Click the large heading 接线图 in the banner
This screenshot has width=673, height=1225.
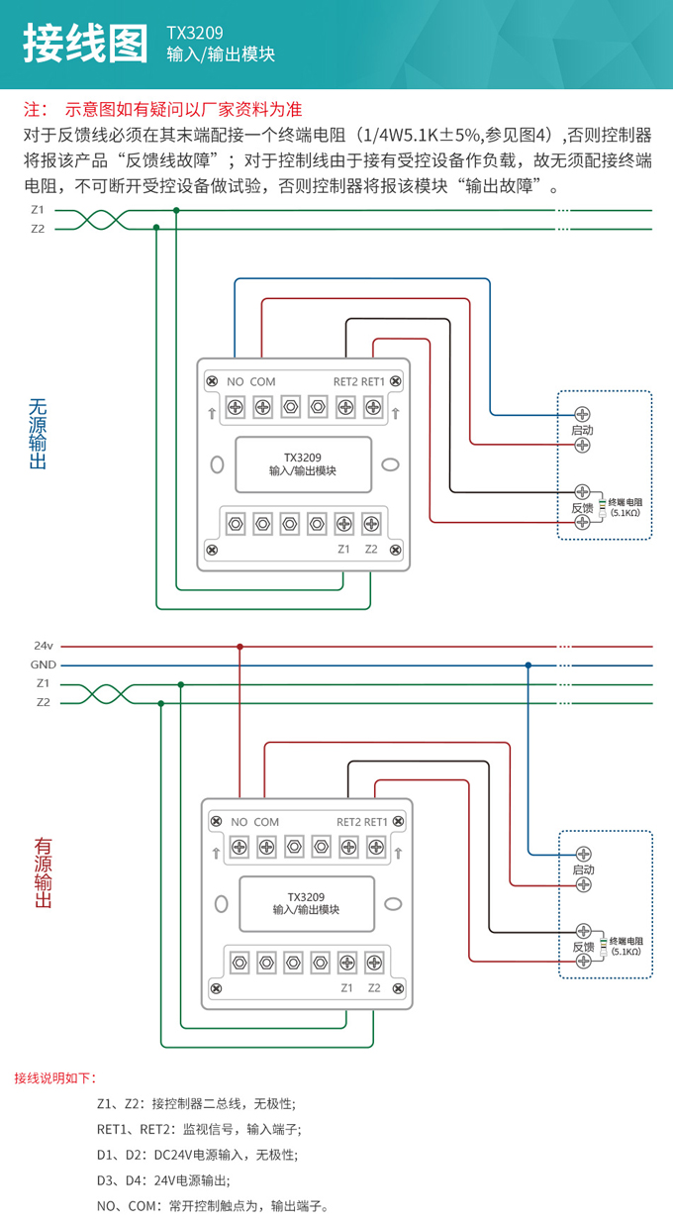(x=88, y=44)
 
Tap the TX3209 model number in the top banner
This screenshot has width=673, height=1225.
(x=195, y=33)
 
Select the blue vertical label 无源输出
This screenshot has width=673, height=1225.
(x=38, y=434)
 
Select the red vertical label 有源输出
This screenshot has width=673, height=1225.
(x=43, y=873)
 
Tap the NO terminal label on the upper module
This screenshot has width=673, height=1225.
(x=236, y=381)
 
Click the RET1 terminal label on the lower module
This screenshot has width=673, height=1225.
(x=376, y=821)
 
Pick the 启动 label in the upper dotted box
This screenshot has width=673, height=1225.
(x=583, y=430)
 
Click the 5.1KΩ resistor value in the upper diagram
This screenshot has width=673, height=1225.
(x=625, y=513)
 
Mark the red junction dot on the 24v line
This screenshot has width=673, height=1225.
(x=240, y=646)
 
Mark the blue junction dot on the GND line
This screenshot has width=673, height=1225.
(x=529, y=664)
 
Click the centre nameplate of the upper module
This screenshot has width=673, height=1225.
(x=303, y=464)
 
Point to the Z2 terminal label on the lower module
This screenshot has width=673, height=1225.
(x=374, y=987)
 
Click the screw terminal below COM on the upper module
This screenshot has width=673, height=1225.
(x=263, y=406)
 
